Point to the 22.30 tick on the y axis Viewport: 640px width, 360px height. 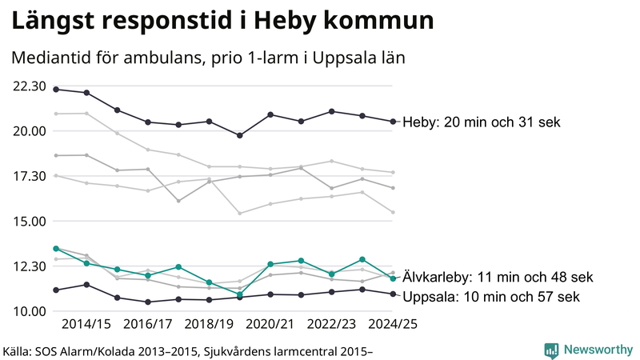pos(28,86)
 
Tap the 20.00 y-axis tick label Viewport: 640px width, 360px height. pos(28,130)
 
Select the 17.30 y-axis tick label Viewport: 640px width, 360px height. pos(28,175)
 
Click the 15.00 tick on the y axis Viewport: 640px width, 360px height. pos(28,221)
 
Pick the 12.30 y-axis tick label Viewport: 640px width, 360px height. pos(28,266)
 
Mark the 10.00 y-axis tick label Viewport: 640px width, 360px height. pos(28,311)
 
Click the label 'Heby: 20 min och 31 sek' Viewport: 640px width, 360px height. pos(482,122)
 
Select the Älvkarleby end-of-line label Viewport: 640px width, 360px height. pos(497,278)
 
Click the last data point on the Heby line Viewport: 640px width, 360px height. pos(393,122)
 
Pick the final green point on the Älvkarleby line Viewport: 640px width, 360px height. pos(393,278)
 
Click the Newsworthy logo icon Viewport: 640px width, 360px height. pos(552,350)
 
